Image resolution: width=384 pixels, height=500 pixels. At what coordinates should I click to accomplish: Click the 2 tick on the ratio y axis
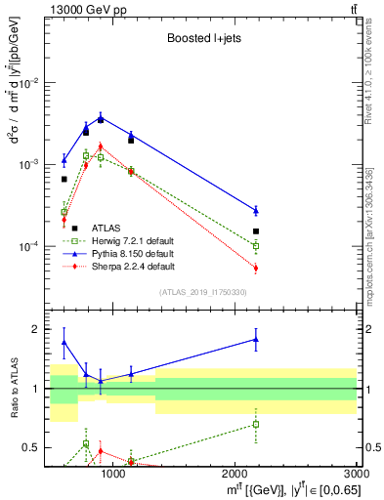click(x=34, y=329)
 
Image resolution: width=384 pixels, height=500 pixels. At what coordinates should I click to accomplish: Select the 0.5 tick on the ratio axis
click(x=30, y=447)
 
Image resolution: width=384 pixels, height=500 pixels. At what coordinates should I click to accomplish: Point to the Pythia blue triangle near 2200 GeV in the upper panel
click(x=256, y=210)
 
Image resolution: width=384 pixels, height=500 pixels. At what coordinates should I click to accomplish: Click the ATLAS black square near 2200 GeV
click(x=256, y=231)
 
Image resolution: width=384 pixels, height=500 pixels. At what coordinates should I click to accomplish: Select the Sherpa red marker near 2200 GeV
click(x=256, y=268)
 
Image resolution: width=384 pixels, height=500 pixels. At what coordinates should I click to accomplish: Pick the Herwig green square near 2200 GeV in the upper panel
click(x=256, y=246)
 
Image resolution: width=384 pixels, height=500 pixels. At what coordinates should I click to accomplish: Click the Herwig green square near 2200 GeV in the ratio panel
click(x=256, y=424)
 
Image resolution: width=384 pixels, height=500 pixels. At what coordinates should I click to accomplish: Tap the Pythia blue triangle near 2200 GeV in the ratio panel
click(x=256, y=340)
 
